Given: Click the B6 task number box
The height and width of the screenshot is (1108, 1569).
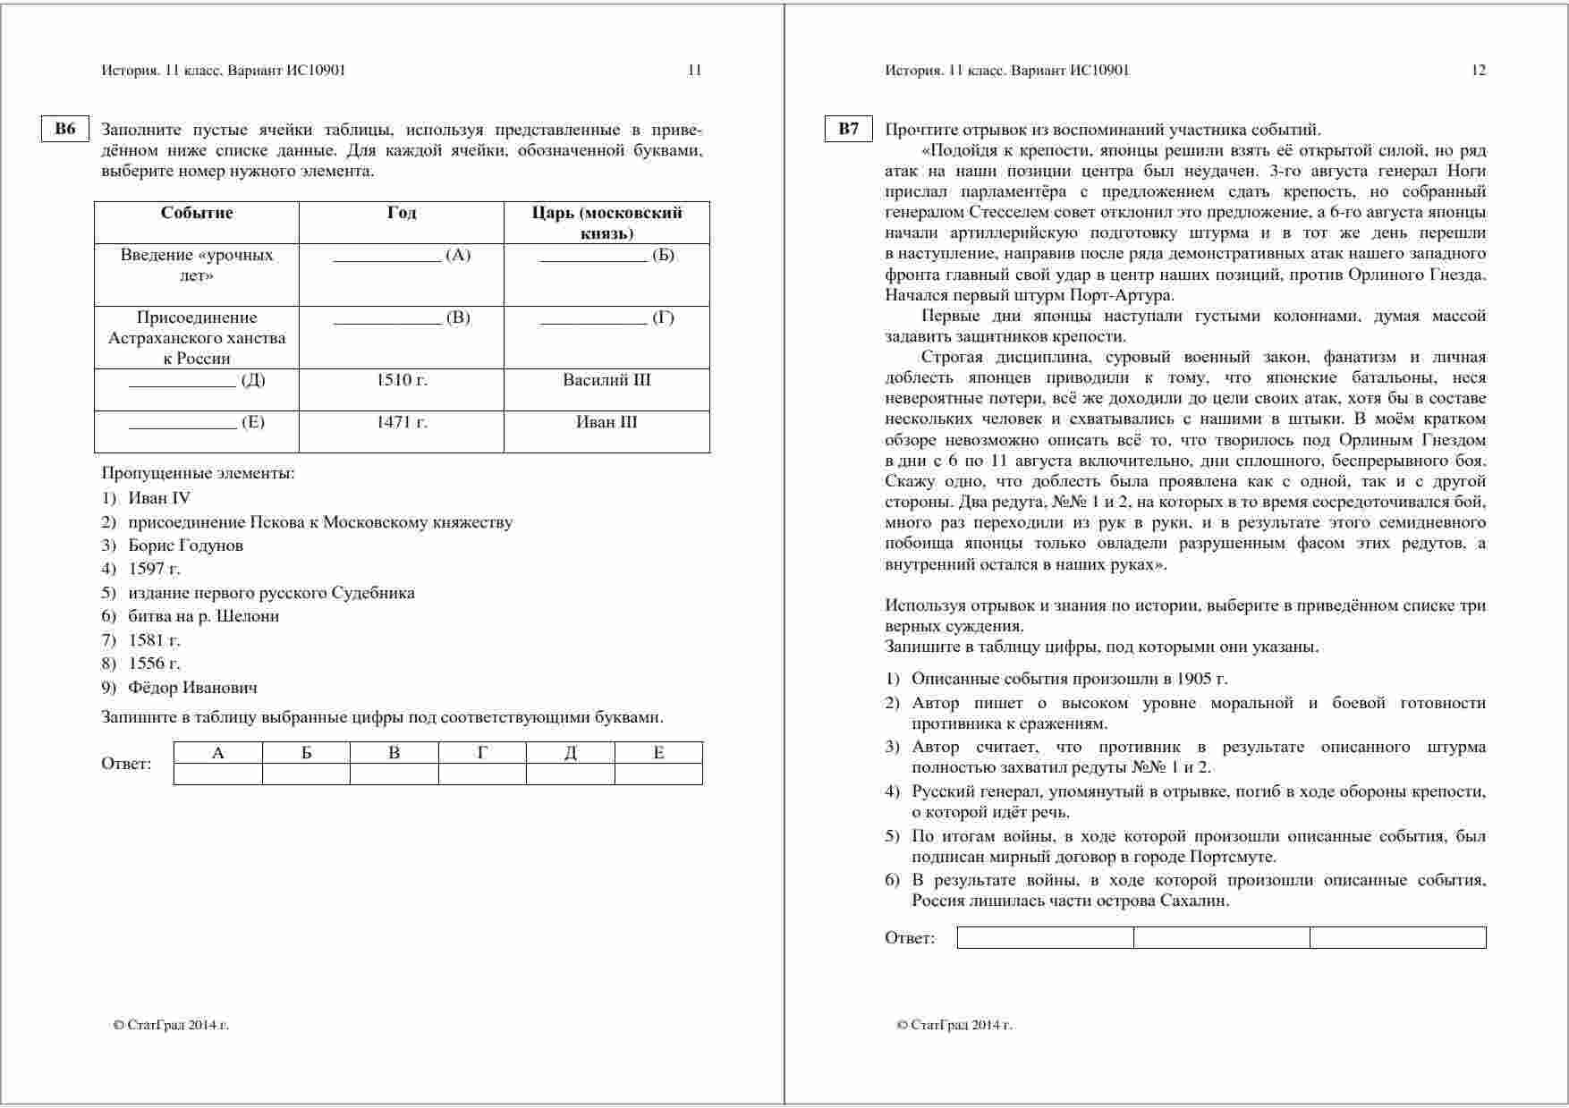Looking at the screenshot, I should pos(65,129).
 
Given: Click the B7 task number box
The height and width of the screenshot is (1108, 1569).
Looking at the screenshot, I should pos(848,129).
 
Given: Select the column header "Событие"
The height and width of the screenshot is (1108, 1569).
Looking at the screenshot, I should pos(197,213).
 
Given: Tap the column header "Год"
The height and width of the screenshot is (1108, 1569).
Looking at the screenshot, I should pos(402,213).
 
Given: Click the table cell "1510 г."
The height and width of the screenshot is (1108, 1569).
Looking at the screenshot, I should pos(402,380).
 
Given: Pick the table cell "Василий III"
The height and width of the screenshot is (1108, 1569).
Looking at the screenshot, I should pos(606,380).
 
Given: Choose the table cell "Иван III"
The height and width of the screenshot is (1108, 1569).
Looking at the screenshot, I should pos(606,422).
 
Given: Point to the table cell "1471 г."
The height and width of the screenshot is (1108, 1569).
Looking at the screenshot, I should pos(402,422).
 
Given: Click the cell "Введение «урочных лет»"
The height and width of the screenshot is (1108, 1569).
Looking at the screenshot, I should pos(197,266).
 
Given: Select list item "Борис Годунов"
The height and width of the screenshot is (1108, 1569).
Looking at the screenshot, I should pos(185,546).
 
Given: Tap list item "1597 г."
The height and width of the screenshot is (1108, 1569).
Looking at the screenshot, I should pos(154,569).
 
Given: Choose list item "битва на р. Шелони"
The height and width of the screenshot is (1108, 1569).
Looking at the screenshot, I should pos(203,616).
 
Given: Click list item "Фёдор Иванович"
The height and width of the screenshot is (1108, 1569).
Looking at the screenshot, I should pos(192,688).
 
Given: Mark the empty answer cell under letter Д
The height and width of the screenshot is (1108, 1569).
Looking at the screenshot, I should pos(571,774).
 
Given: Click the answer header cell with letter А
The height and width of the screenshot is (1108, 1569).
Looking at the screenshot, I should pos(218,753).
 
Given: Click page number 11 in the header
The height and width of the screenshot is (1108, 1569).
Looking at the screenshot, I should pos(694,71).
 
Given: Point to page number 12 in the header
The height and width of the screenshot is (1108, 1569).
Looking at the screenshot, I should pos(1478,71).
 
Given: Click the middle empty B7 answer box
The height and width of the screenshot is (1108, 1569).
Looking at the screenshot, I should pos(1221,937).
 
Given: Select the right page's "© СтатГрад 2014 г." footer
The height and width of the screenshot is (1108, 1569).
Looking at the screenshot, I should pos(954,1026).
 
